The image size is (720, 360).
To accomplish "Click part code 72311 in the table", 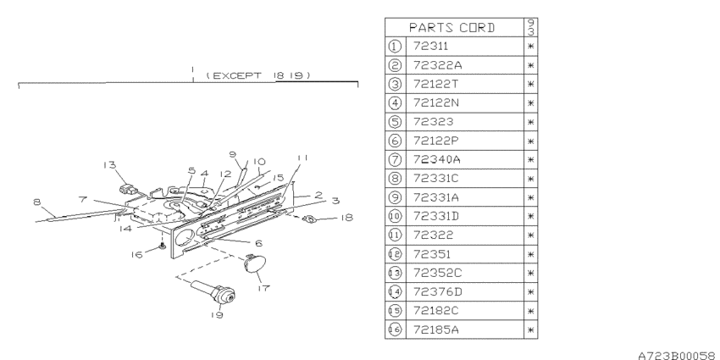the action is click(430, 46).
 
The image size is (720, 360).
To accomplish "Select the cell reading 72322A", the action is click(437, 65).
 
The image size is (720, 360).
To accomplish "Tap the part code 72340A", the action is click(437, 159).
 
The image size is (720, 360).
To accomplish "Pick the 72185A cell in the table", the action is click(435, 330).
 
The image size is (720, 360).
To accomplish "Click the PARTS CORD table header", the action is click(451, 28).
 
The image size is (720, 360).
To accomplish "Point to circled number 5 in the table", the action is click(395, 122).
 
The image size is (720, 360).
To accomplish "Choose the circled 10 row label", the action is click(395, 216).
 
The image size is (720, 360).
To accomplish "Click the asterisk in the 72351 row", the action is click(530, 254).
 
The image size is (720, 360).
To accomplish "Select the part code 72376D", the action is click(438, 291).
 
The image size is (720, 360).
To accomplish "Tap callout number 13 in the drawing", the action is click(109, 165).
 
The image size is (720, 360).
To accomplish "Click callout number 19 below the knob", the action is click(217, 314).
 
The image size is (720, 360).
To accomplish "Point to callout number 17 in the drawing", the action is click(263, 288).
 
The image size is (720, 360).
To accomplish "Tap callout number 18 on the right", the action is click(346, 217).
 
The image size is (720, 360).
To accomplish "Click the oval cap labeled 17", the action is click(252, 264).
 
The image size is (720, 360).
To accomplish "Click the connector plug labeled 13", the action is click(128, 189).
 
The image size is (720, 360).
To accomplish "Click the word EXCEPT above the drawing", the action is click(237, 75).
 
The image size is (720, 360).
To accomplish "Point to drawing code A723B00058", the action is click(678, 355).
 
